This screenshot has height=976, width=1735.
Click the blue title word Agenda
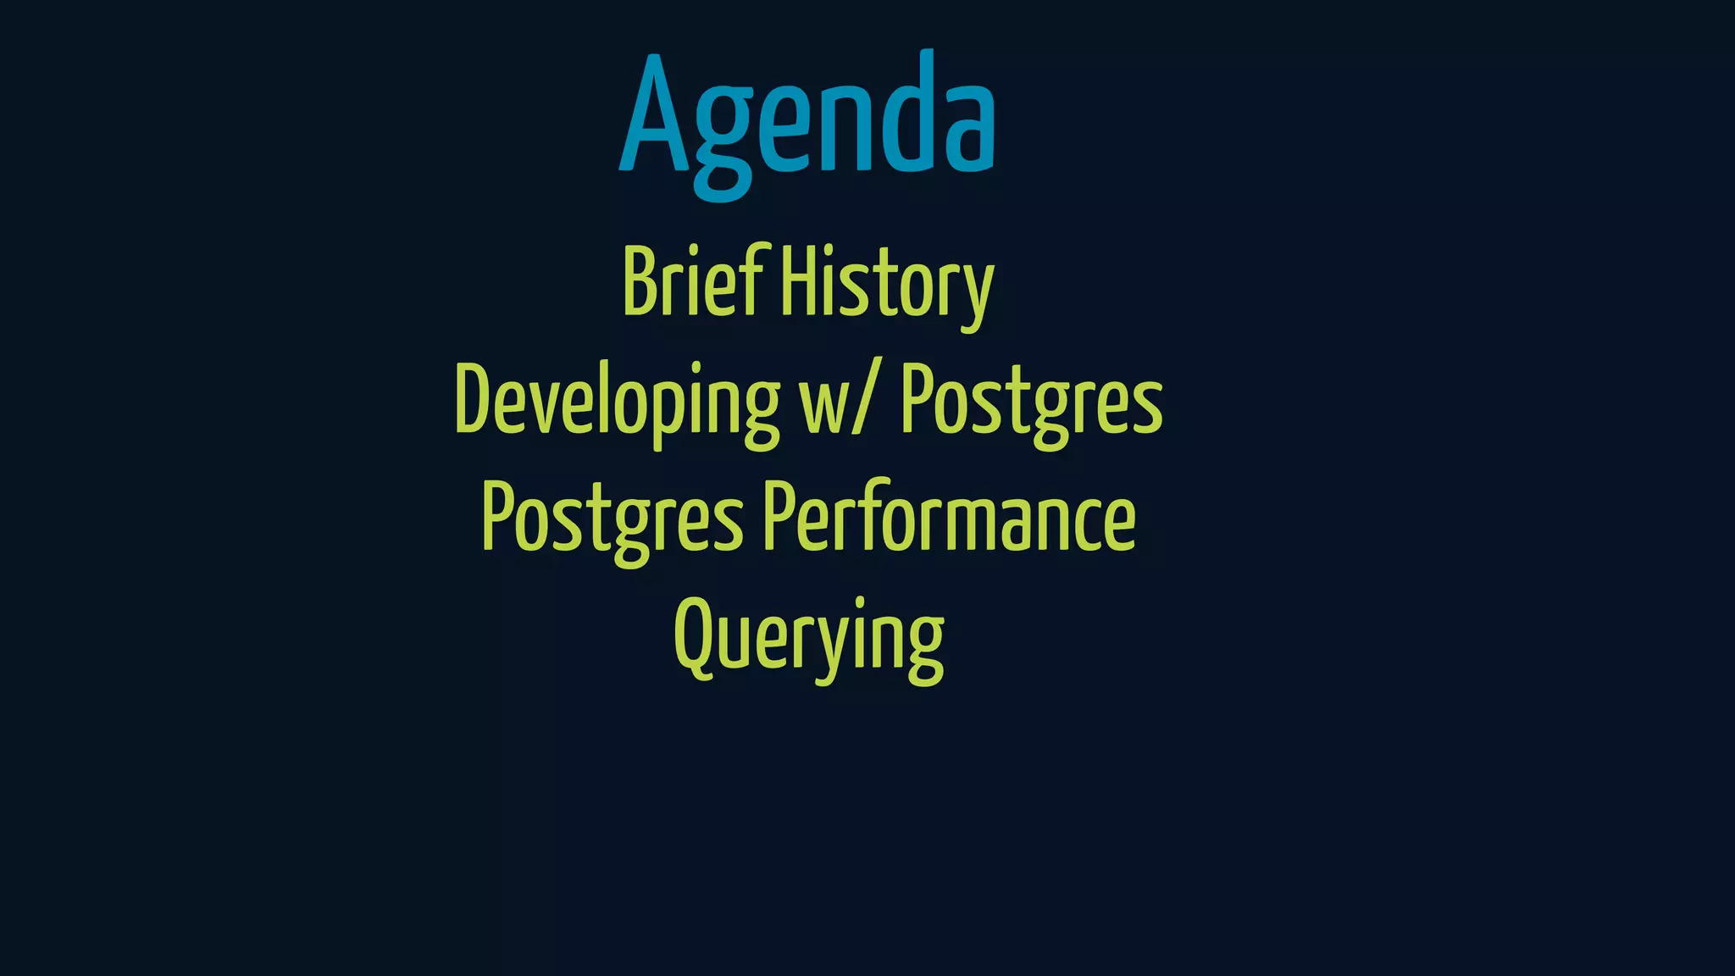[807, 119]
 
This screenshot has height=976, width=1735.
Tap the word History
[886, 284]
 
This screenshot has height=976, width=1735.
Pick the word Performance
[950, 517]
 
